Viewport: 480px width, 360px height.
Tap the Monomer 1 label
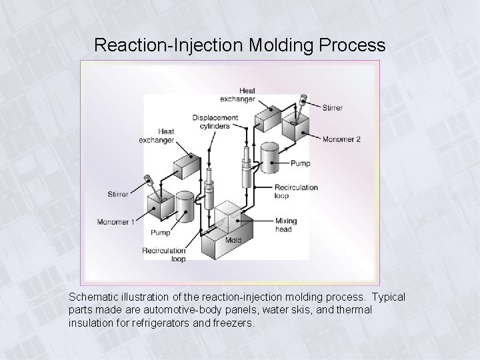(115, 222)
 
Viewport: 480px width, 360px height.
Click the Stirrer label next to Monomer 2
(333, 107)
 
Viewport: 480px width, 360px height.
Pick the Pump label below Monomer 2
(299, 163)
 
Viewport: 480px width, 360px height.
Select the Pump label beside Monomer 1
(160, 233)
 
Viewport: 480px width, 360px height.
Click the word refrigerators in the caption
(198, 323)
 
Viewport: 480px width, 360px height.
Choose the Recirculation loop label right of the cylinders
(296, 192)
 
